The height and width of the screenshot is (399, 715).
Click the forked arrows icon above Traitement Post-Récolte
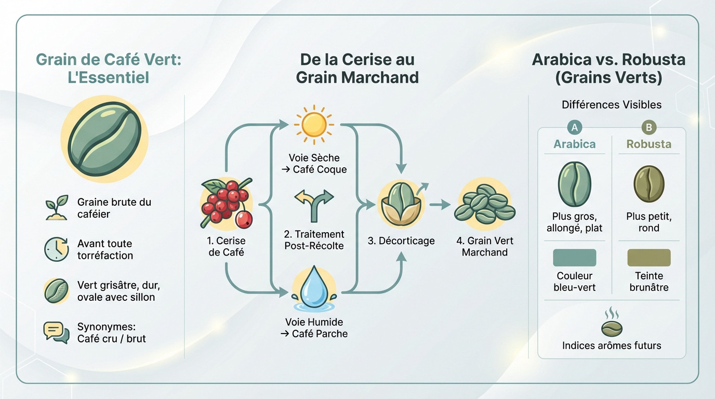click(x=314, y=204)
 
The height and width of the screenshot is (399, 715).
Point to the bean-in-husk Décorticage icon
click(x=401, y=205)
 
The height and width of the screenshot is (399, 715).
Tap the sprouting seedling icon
click(x=57, y=207)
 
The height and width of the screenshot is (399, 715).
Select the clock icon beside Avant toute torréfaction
click(x=57, y=249)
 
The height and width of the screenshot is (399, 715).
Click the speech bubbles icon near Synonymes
click(x=57, y=332)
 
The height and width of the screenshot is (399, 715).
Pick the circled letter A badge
click(x=575, y=127)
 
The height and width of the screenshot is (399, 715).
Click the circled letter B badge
click(x=648, y=127)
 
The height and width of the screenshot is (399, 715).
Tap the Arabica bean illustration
click(x=574, y=184)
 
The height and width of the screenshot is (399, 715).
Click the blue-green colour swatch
click(x=574, y=258)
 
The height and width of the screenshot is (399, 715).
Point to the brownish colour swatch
click(x=649, y=258)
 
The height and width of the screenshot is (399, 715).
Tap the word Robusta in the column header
click(x=648, y=144)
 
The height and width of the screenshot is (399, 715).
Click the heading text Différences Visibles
click(x=612, y=104)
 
